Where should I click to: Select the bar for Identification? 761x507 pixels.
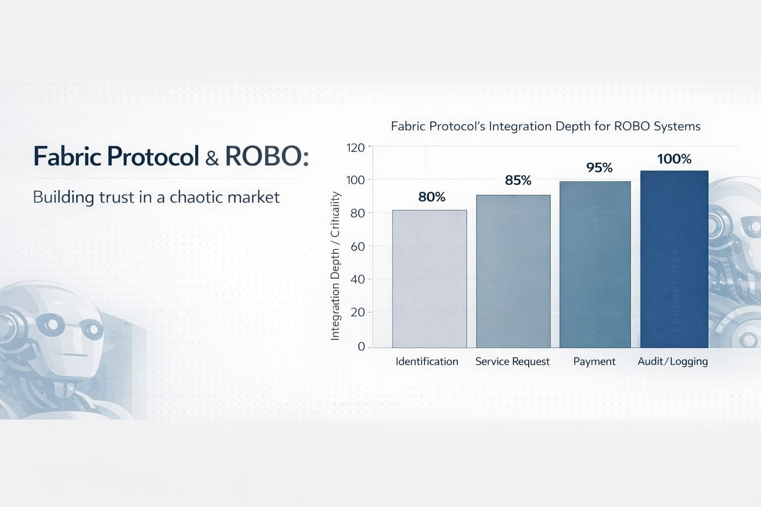430,279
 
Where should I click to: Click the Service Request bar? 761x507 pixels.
513,271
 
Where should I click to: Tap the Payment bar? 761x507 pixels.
595,264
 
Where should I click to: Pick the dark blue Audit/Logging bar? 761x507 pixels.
674,259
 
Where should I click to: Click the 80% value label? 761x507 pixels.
432,197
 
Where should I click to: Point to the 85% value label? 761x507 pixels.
518,180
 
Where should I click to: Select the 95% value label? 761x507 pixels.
599,167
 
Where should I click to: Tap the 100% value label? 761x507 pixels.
674,159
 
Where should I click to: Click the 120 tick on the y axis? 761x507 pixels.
355,148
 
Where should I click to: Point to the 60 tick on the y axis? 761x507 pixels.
358,247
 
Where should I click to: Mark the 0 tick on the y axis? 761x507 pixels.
362,347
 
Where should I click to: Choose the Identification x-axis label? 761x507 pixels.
427,361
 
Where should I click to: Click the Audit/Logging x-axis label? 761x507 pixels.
673,361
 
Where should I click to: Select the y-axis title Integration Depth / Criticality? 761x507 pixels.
335,266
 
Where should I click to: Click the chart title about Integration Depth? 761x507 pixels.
545,126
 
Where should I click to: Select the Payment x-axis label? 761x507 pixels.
595,362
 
